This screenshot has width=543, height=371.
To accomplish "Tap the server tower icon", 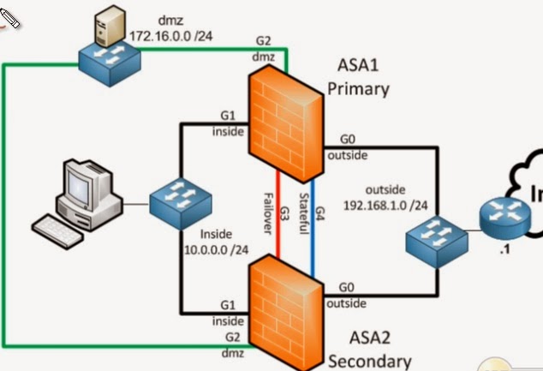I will pyautogui.click(x=104, y=25).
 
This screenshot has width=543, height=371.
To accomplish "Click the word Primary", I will pyautogui.click(x=358, y=88).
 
